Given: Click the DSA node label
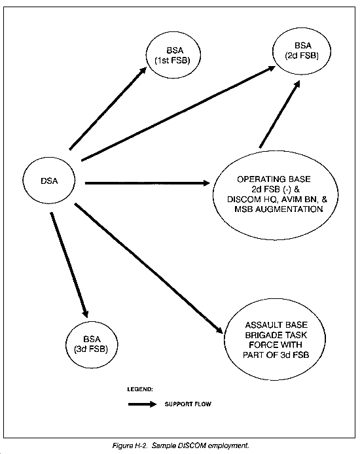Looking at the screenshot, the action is pyautogui.click(x=49, y=181).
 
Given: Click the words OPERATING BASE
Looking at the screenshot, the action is pyautogui.click(x=274, y=179).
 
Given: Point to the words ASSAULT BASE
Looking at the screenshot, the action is pyautogui.click(x=276, y=325).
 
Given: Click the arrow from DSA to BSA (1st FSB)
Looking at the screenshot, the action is pyautogui.click(x=108, y=109).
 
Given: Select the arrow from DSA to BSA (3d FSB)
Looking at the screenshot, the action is pyautogui.click(x=69, y=265).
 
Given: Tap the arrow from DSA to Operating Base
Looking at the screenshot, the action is pyautogui.click(x=147, y=183).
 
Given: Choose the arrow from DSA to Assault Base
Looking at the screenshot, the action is pyautogui.click(x=149, y=268).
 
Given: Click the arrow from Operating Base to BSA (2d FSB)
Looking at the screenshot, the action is pyautogui.click(x=279, y=114).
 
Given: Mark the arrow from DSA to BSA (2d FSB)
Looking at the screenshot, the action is pyautogui.click(x=179, y=113).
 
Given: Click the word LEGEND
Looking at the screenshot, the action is pyautogui.click(x=140, y=389).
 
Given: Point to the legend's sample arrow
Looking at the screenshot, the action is pyautogui.click(x=142, y=404).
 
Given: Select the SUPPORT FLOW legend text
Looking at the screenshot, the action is pyautogui.click(x=188, y=404).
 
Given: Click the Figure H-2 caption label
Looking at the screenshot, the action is pyautogui.click(x=131, y=445).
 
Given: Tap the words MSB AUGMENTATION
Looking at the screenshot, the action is pyautogui.click(x=278, y=209).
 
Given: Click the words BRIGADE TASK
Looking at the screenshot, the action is pyautogui.click(x=276, y=335).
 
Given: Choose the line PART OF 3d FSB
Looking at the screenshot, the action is pyautogui.click(x=276, y=355).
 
